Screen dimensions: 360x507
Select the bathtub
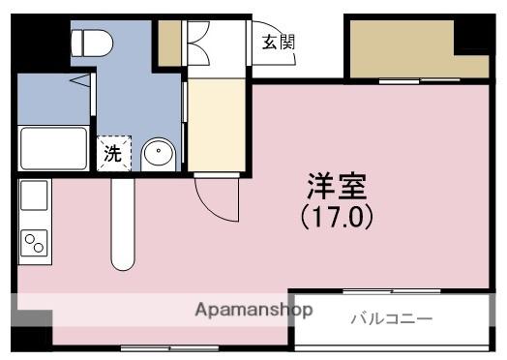click(53, 147)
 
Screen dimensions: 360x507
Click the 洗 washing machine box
click(113, 153)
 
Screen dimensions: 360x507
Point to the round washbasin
click(158, 153)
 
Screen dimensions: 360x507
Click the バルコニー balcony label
click(391, 318)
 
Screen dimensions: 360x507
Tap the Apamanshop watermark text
click(254, 311)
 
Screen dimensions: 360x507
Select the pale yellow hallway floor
click(218, 126)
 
